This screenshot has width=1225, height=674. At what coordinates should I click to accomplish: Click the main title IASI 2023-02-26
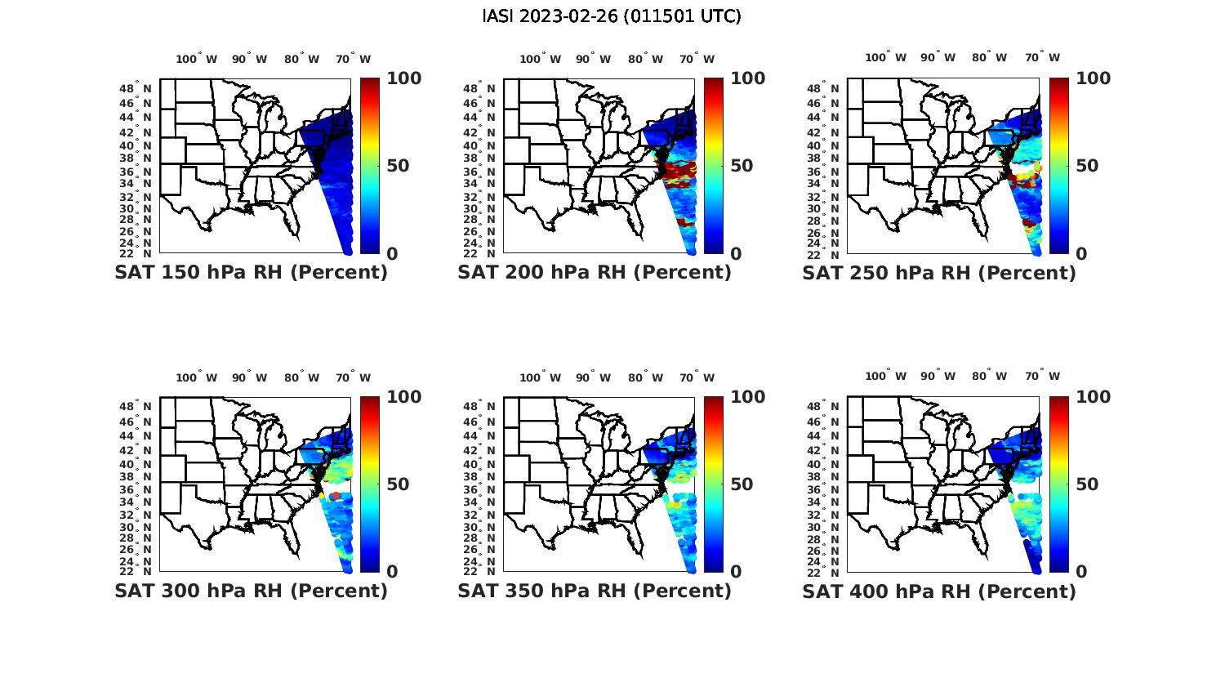(612, 16)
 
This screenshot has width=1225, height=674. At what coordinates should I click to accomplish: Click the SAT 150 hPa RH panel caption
(251, 273)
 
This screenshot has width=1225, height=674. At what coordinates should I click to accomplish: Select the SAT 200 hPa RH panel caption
(595, 273)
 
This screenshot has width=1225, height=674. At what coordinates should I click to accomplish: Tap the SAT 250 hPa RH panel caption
(939, 273)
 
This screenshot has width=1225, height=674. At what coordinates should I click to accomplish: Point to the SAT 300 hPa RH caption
(251, 591)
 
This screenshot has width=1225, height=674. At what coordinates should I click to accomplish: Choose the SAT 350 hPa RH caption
(595, 591)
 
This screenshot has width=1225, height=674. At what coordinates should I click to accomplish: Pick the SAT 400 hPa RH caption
(939, 591)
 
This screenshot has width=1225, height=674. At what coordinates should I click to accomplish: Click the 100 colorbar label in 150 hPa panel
(404, 78)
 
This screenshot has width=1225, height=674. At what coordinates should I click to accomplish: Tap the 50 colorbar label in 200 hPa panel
(742, 166)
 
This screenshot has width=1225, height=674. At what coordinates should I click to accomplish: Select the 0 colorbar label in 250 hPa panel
(1082, 254)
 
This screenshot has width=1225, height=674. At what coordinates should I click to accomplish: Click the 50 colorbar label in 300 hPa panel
(398, 484)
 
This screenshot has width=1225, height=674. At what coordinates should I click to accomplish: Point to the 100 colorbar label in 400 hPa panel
(1094, 397)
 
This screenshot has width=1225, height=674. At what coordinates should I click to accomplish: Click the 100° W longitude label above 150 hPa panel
(197, 59)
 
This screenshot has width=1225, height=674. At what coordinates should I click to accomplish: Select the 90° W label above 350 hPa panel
(594, 377)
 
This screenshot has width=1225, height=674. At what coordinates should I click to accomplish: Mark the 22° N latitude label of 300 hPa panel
(143, 571)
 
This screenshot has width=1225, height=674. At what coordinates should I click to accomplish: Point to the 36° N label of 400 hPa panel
(831, 489)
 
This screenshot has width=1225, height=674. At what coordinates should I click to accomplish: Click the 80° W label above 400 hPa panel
(989, 377)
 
